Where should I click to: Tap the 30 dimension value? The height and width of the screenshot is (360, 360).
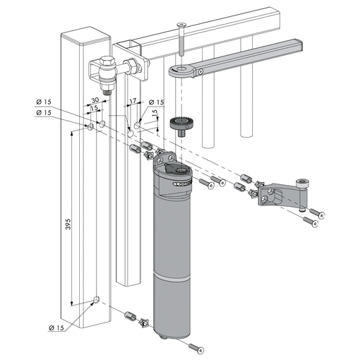point(95,100)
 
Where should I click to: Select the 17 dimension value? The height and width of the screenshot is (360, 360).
point(133,101)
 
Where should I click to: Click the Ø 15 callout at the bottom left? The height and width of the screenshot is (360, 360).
point(56,328)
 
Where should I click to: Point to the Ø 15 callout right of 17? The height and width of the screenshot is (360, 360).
point(157,102)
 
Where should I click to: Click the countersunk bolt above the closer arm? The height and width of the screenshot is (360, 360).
point(181,39)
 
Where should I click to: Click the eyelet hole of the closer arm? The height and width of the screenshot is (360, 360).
point(181,68)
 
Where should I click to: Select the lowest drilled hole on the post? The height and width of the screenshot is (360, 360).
point(97,300)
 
